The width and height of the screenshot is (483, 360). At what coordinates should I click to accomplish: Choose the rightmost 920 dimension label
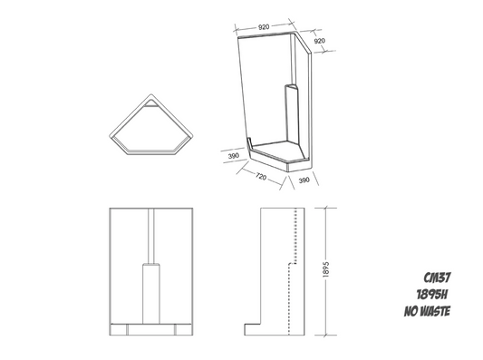pos(319,41)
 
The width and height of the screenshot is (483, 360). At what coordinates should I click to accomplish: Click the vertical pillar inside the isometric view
pos(290,113)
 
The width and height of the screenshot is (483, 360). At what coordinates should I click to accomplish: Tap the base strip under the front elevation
pos(151,328)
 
